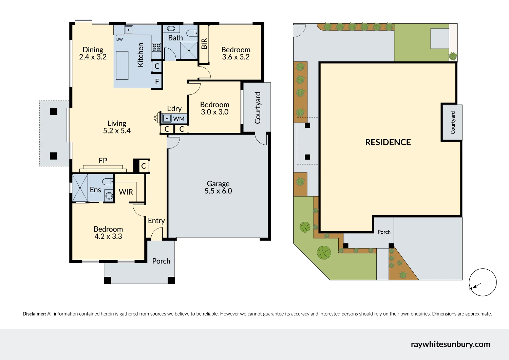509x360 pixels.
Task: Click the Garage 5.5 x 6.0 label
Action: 218,187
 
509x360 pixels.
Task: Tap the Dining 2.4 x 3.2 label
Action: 93,54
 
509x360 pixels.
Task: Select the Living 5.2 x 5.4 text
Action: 117,127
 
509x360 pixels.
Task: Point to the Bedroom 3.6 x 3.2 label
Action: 236,54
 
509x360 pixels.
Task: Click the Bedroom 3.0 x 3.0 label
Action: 214,108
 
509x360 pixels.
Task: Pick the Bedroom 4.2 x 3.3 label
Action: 108,233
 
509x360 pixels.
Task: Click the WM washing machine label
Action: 178,119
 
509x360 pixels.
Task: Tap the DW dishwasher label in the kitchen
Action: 119,39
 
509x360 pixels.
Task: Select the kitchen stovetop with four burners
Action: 156,47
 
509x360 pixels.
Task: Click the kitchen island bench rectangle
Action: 122,65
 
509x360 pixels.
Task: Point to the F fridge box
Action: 157,82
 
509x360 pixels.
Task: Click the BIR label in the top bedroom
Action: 204,44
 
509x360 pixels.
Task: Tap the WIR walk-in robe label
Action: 126,192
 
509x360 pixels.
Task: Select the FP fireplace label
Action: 103,161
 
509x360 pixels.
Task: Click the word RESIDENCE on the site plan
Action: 388,142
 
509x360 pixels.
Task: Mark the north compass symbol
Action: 483,283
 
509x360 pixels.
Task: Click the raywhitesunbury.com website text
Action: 450,344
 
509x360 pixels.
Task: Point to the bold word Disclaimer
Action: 34,314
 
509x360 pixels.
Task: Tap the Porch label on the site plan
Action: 384,232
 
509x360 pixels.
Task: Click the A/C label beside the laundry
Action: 155,118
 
